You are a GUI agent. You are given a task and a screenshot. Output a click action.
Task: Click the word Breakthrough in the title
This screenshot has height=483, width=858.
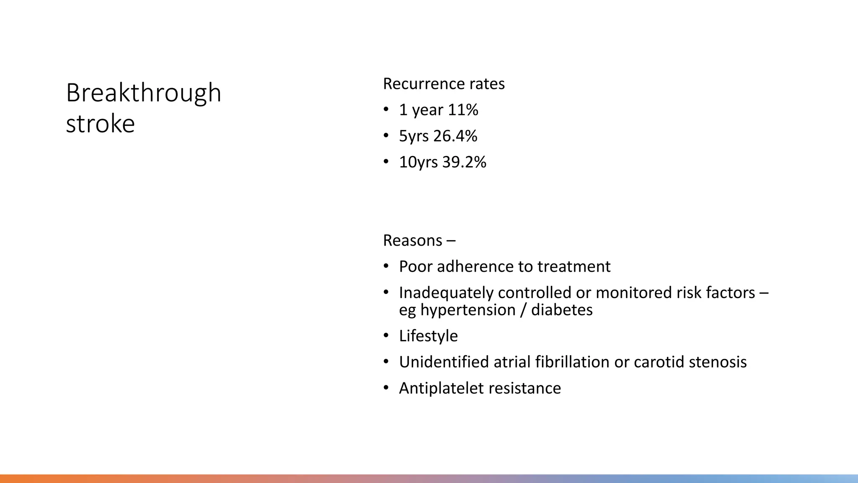click(143, 93)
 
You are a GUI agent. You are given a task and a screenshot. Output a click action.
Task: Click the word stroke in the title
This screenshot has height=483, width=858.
click(100, 124)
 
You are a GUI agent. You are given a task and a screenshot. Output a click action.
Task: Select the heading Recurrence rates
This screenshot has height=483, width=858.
click(443, 84)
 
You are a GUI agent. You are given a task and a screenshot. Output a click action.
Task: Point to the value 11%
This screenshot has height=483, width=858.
click(463, 110)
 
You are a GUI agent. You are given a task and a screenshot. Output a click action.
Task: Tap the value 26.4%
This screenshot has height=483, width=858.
click(455, 136)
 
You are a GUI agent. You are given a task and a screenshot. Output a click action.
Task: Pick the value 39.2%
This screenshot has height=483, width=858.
click(464, 162)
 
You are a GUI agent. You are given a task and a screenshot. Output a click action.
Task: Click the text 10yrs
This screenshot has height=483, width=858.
click(418, 162)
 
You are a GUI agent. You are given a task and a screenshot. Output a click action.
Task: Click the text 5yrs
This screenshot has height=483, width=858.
click(413, 136)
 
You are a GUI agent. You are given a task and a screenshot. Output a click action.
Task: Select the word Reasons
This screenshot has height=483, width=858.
click(412, 241)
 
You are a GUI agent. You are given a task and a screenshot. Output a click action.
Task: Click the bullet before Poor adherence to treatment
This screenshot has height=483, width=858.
click(386, 266)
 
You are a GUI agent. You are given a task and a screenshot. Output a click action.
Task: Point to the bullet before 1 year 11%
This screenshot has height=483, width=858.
click(386, 109)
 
